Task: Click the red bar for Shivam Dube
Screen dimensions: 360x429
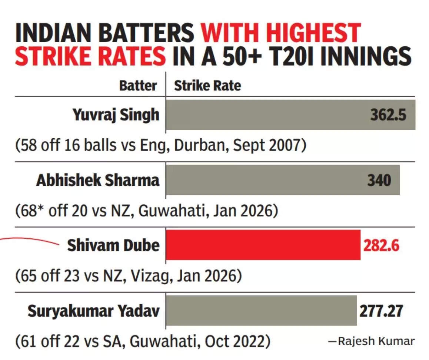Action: click(263, 245)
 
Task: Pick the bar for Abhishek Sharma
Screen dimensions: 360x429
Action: click(259, 180)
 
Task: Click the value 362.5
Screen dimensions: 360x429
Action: click(388, 115)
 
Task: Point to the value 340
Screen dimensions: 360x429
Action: click(379, 180)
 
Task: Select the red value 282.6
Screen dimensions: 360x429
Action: click(381, 245)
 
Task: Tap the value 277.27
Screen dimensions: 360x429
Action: click(380, 311)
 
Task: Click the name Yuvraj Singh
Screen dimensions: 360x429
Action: click(116, 115)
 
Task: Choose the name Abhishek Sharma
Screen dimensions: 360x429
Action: click(98, 180)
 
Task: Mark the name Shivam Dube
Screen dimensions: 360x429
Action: click(113, 245)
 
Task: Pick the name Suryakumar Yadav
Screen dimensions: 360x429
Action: click(94, 311)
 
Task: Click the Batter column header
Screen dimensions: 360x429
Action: click(138, 86)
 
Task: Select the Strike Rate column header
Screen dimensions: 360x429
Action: click(207, 86)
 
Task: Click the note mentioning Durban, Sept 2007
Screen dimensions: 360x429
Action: click(161, 146)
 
